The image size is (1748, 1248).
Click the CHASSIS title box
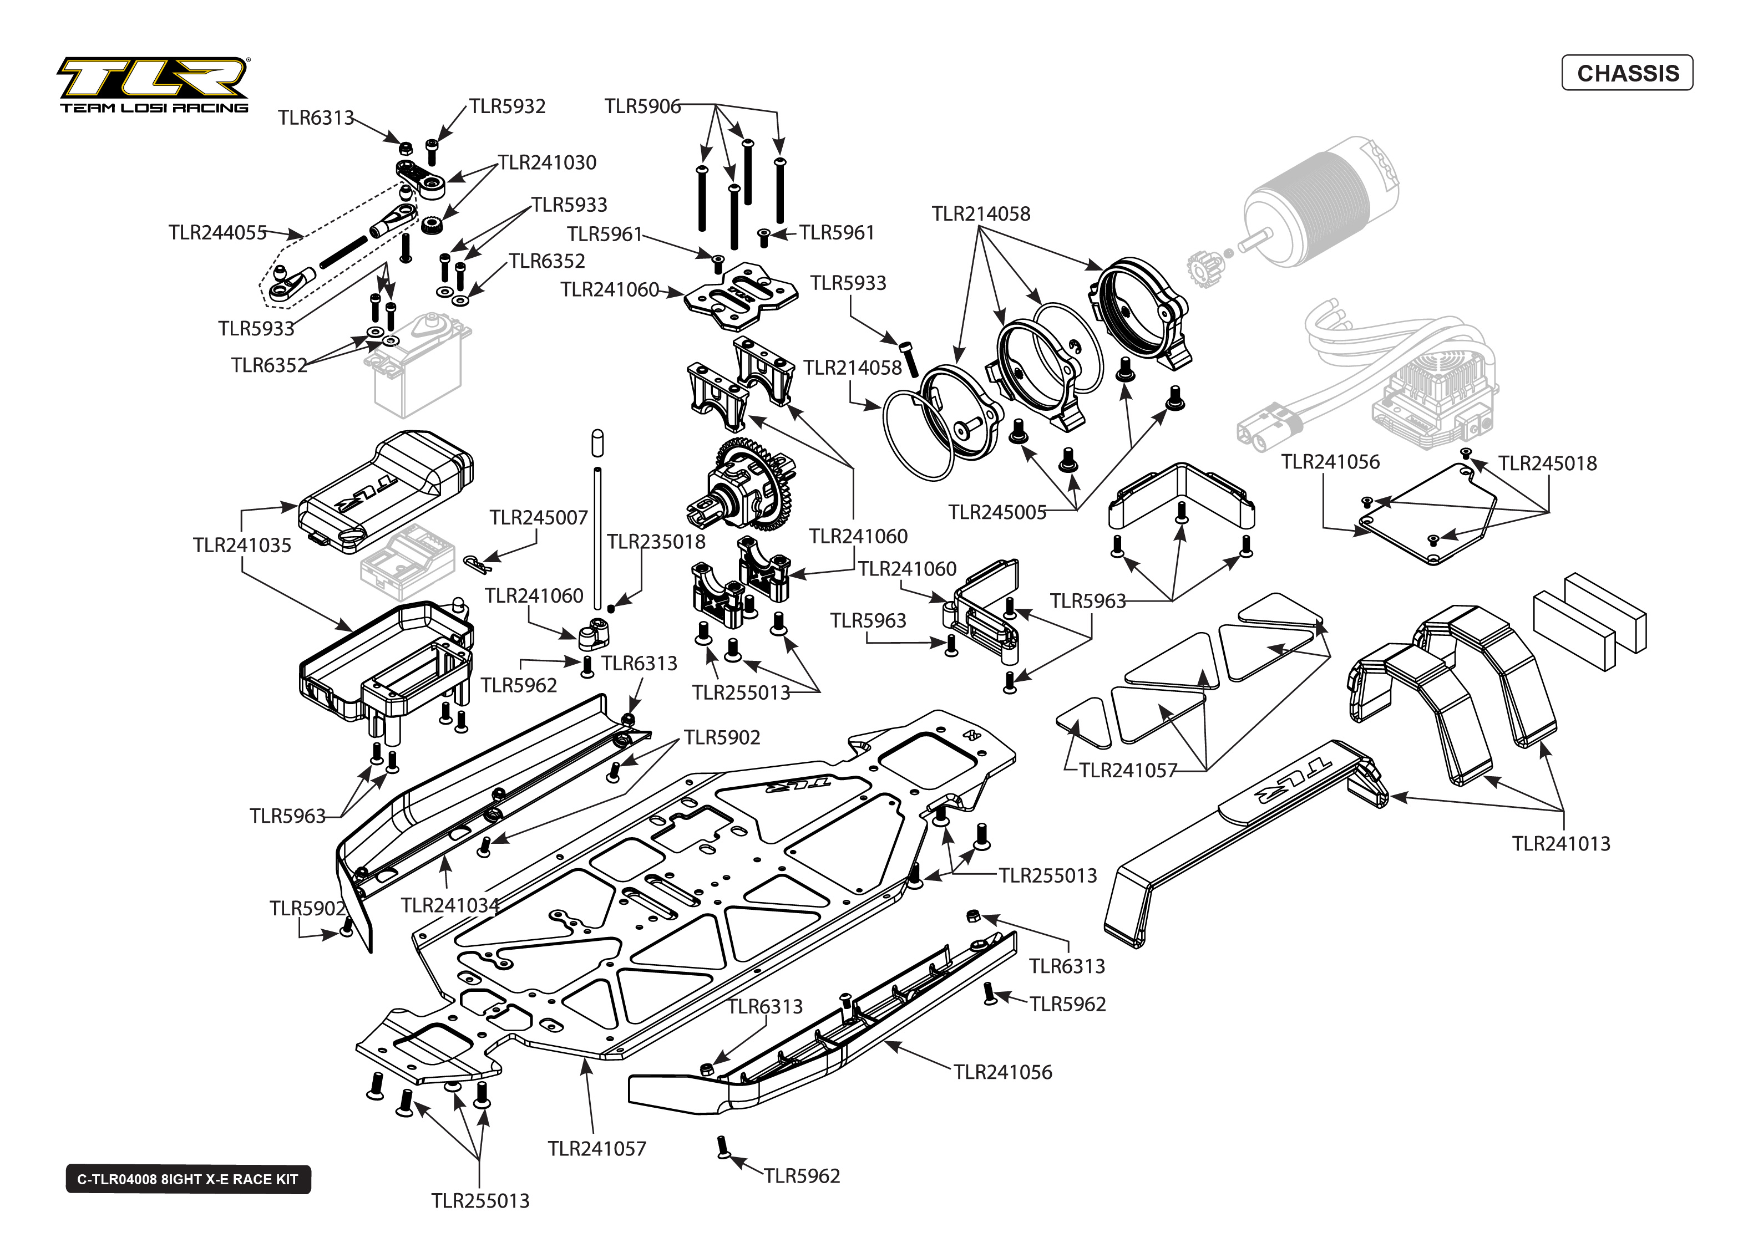point(1627,73)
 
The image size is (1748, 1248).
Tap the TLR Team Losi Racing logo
point(153,85)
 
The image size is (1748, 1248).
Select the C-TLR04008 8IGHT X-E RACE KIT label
point(188,1179)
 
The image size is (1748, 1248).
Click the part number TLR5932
point(508,106)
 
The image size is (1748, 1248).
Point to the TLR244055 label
point(217,232)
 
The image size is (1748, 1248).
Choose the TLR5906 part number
point(642,106)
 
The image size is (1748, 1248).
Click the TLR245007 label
point(538,517)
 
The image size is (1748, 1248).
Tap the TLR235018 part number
point(656,542)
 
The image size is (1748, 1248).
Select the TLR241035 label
point(242,545)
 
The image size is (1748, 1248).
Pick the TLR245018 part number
point(1547,463)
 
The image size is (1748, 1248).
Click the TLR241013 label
point(1561,843)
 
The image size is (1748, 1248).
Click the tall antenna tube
point(597,538)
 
